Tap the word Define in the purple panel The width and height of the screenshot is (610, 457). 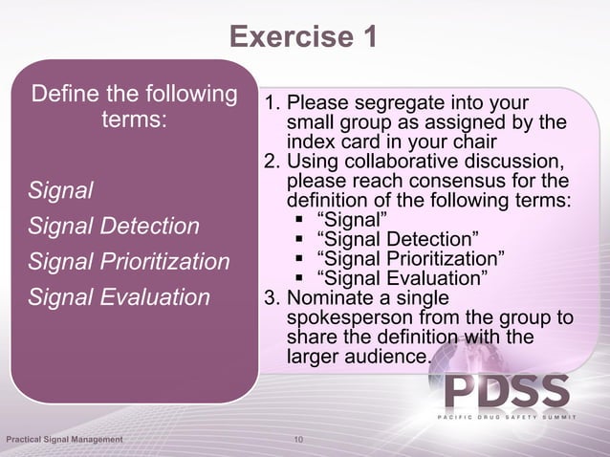64,96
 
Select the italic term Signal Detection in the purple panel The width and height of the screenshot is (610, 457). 114,227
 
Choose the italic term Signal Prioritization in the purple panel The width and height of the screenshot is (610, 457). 129,262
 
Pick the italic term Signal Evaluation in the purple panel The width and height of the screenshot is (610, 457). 119,297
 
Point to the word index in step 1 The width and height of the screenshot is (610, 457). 309,140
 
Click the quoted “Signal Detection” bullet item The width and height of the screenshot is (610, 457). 397,238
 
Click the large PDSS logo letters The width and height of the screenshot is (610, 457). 506,392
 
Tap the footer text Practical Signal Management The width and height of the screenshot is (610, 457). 64,440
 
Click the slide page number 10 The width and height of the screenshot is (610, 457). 299,440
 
